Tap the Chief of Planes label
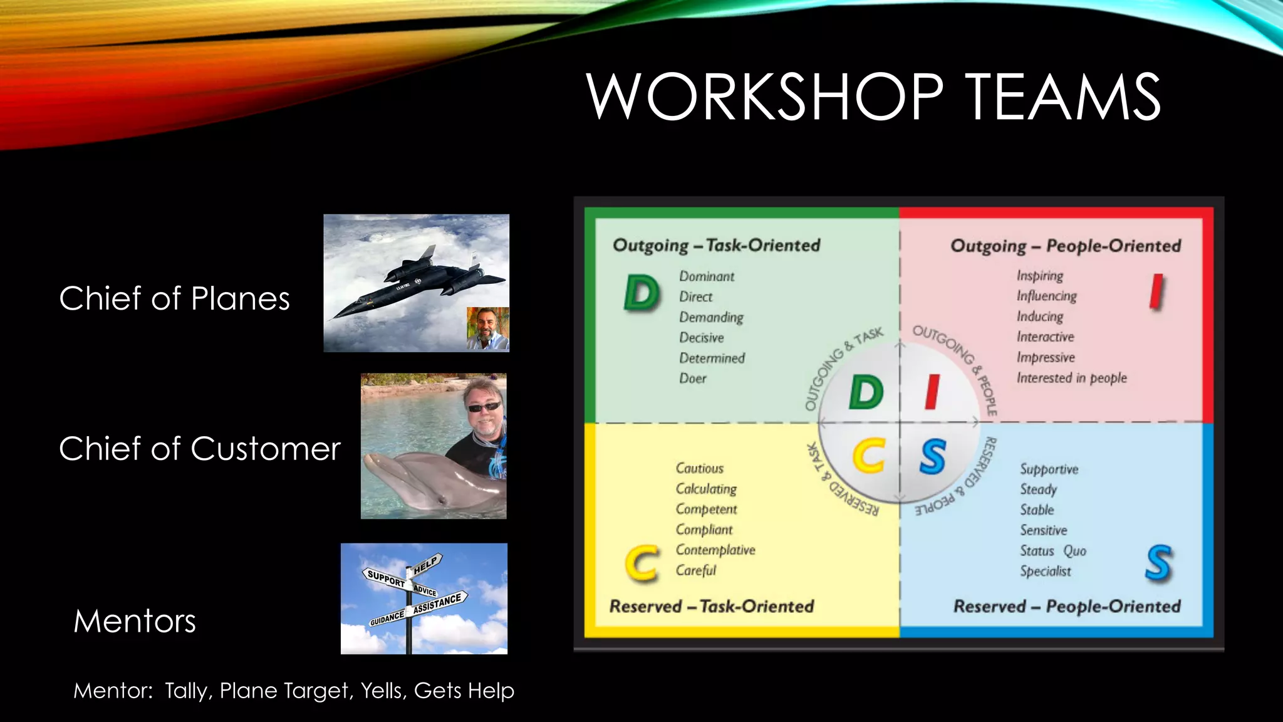[x=174, y=298]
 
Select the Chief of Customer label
[x=199, y=449]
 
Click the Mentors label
[x=135, y=621]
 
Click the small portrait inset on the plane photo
[x=487, y=329]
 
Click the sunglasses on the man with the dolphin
[x=484, y=407]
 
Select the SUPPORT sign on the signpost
[x=386, y=578]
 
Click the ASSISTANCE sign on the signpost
[x=439, y=603]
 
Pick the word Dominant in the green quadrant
[x=707, y=276]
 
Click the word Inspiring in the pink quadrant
[x=1040, y=276]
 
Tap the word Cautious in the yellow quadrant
[x=699, y=468]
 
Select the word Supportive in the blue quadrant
[x=1049, y=469]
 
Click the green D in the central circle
[x=866, y=393]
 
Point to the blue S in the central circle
[x=932, y=456]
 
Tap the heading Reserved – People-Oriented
[x=1067, y=606]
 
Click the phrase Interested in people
[x=1071, y=378]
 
